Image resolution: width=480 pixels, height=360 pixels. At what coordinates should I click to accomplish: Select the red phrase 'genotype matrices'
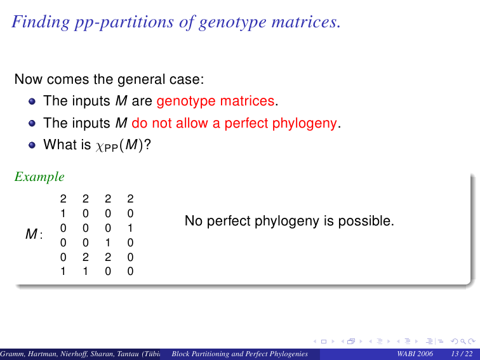click(x=215, y=102)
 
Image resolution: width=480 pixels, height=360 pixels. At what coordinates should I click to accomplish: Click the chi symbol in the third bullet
click(x=100, y=146)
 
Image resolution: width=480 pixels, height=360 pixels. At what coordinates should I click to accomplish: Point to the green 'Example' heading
click(x=39, y=177)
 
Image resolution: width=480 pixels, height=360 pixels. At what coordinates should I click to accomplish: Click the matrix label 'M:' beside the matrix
click(x=34, y=234)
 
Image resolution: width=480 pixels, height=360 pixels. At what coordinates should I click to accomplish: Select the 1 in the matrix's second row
click(x=63, y=213)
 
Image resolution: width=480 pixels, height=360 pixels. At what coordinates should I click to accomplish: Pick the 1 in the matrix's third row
click(x=130, y=228)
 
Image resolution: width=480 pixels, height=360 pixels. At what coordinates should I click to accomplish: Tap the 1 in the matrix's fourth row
click(x=108, y=243)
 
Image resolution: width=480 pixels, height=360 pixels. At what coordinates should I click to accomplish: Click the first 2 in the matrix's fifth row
click(x=86, y=257)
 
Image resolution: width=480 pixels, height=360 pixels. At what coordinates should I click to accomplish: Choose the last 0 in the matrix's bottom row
click(x=130, y=271)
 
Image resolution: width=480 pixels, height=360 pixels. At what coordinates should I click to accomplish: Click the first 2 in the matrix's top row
click(x=63, y=199)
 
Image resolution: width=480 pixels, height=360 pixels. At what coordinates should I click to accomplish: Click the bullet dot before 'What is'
click(x=32, y=145)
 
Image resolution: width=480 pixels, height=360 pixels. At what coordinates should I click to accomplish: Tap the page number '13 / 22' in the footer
click(x=462, y=354)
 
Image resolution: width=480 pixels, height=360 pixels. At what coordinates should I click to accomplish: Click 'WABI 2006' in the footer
click(x=415, y=354)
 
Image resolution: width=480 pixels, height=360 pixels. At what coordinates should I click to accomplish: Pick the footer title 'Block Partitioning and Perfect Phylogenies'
click(x=240, y=354)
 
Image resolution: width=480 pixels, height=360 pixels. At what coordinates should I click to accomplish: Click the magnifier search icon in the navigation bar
click(x=463, y=342)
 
